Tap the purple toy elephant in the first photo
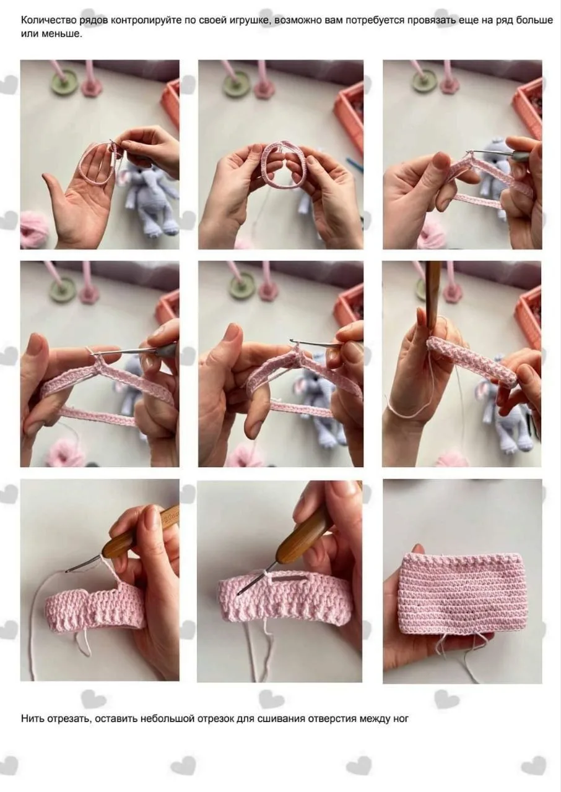(x=151, y=197)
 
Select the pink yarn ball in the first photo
(x=34, y=228)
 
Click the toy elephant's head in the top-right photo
(x=495, y=153)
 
